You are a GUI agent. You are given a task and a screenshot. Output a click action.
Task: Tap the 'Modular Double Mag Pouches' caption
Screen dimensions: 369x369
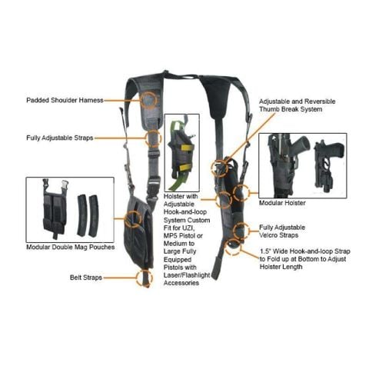70,248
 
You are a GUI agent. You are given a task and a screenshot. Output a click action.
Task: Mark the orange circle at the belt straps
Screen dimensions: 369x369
142,278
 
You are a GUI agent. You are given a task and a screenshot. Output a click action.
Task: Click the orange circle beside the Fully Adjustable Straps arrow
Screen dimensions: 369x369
153,138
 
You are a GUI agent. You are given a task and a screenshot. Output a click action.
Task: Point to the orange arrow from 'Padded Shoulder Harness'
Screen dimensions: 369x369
123,100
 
